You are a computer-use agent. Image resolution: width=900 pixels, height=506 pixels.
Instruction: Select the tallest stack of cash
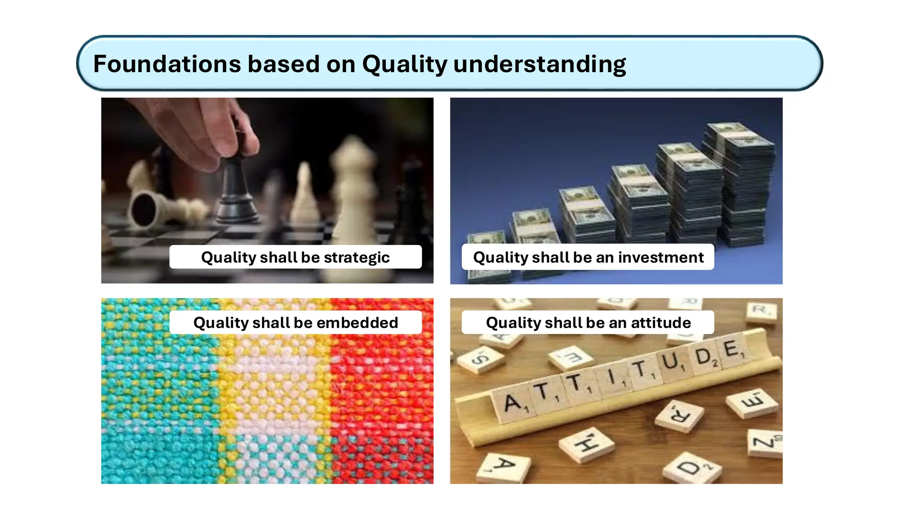click(743, 184)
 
